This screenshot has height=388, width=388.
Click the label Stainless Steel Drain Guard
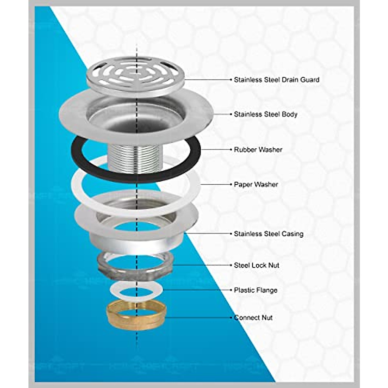[276, 80]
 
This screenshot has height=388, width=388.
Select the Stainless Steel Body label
[265, 114]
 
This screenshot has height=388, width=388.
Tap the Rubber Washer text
[258, 150]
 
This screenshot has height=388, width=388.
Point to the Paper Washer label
[256, 184]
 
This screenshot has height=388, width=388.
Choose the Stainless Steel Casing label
[268, 233]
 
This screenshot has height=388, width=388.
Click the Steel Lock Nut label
[256, 265]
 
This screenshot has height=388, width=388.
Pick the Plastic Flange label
[255, 290]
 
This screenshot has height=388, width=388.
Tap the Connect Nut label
[253, 318]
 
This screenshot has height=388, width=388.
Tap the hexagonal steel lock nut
[107, 264]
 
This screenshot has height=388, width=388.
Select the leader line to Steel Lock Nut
[200, 265]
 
